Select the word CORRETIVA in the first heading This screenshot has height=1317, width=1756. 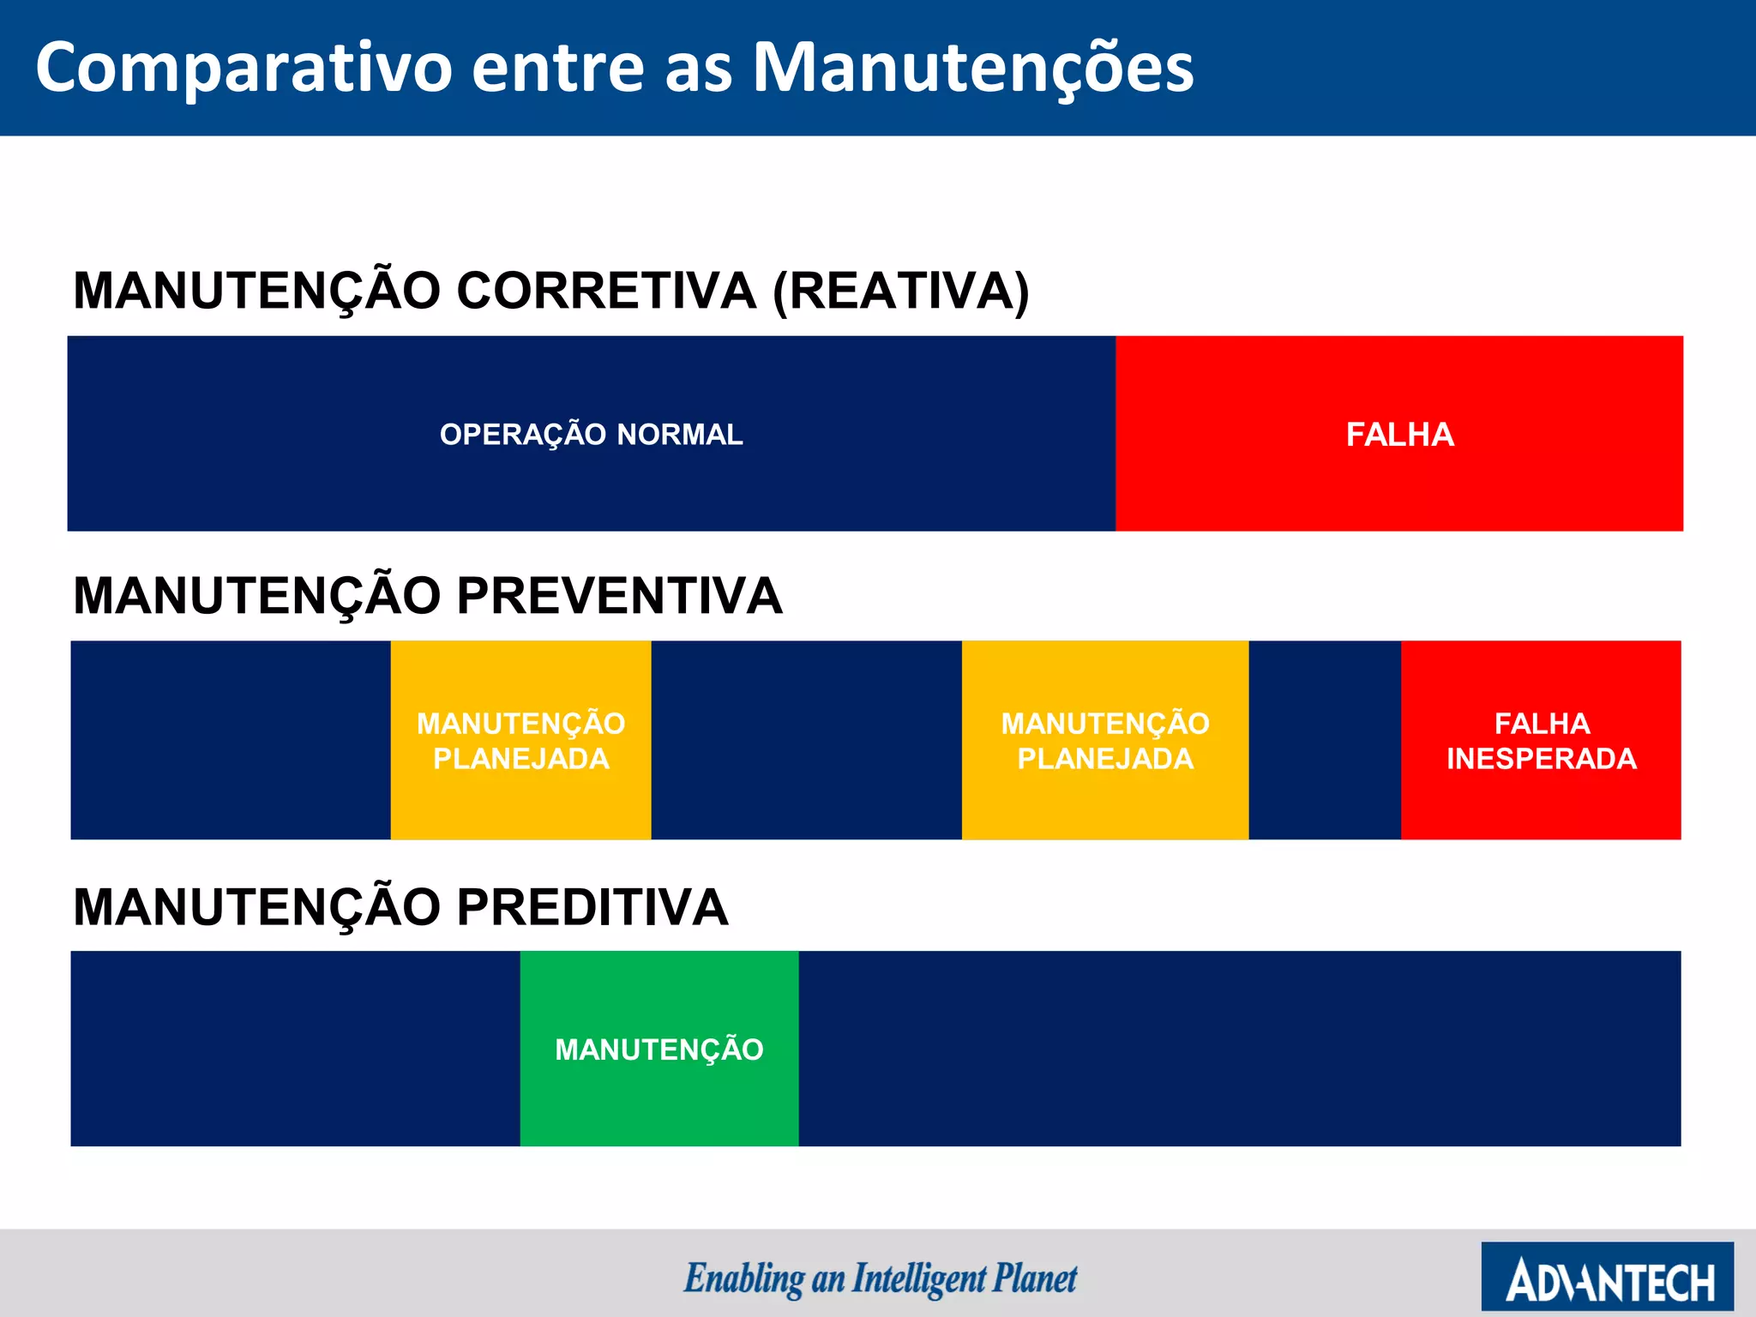(x=605, y=291)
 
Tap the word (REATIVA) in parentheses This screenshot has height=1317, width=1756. (x=900, y=291)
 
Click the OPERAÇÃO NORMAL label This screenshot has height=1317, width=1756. (x=591, y=435)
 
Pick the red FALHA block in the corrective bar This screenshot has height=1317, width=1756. (x=1399, y=435)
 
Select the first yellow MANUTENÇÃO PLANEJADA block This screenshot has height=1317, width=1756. (x=520, y=741)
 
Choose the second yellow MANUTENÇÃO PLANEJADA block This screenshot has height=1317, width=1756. (x=1104, y=741)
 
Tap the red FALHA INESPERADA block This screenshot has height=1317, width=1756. (x=1541, y=741)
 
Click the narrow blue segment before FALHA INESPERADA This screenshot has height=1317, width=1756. (x=1325, y=741)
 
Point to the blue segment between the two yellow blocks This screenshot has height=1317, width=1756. (x=806, y=741)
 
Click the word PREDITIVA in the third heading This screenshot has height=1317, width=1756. (x=592, y=907)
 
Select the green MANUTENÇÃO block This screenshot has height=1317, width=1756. (x=658, y=1049)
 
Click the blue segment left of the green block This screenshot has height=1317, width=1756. (x=295, y=1049)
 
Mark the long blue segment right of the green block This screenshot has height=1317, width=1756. (x=1239, y=1049)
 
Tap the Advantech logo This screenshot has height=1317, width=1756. (x=1607, y=1277)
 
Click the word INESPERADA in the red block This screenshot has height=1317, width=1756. (x=1541, y=759)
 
